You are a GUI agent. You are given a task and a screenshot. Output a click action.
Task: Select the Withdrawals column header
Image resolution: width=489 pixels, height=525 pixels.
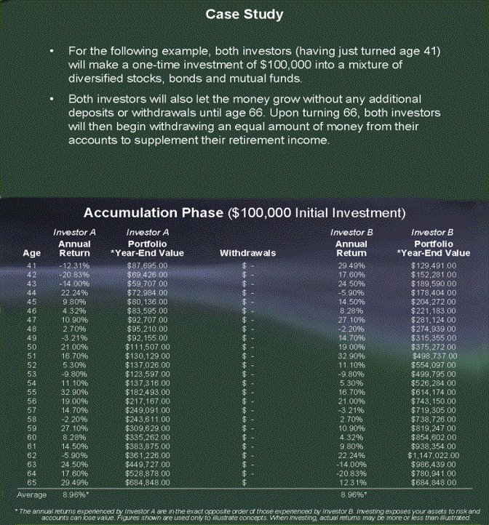point(247,253)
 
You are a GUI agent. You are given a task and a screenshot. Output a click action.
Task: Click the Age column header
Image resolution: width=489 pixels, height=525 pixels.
point(31,253)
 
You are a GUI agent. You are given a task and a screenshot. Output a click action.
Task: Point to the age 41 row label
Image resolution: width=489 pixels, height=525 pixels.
point(31,266)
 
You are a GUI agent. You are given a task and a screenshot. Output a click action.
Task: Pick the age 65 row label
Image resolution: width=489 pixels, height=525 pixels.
point(31,482)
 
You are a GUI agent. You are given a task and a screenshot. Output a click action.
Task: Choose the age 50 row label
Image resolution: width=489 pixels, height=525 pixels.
point(31,347)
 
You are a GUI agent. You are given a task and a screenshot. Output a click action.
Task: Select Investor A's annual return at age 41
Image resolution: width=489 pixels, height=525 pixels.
point(73,266)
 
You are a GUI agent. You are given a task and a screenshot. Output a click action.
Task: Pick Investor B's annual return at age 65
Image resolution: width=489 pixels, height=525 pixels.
point(351,482)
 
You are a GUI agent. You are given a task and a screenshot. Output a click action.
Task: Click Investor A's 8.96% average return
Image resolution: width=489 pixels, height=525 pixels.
point(73,494)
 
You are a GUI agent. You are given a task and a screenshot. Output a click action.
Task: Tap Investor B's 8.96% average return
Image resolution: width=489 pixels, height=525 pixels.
point(351,494)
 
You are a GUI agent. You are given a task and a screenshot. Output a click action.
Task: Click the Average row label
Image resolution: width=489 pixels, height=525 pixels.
point(31,494)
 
